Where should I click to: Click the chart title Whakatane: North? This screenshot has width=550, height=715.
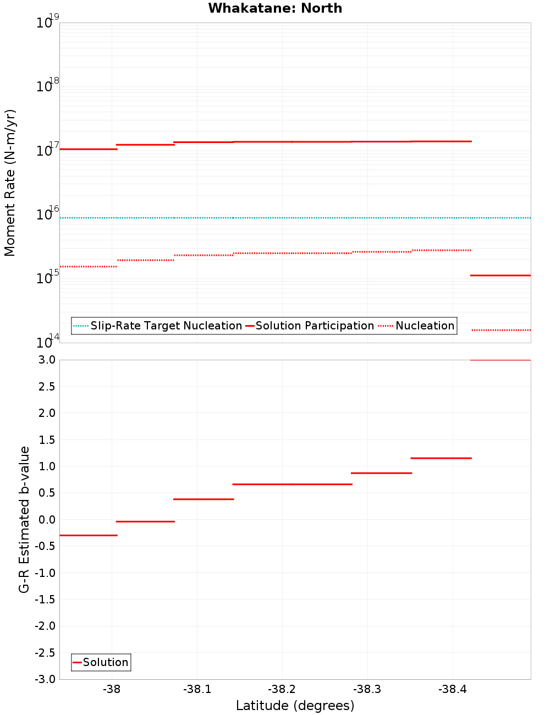[275, 8]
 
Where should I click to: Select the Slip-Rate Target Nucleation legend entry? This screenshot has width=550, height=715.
[166, 326]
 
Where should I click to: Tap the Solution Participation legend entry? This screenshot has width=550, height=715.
[315, 326]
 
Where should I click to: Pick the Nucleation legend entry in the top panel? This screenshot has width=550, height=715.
[425, 326]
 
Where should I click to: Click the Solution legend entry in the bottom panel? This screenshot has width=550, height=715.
[105, 662]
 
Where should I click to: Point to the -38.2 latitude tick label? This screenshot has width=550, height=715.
[282, 689]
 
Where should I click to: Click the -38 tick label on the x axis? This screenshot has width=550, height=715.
[112, 689]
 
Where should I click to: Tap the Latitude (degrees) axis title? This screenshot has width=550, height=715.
[295, 706]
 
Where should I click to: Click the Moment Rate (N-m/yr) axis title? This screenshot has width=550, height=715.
[10, 183]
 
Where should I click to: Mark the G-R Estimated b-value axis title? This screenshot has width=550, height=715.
[24, 519]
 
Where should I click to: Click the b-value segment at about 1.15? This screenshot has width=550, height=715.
[441, 458]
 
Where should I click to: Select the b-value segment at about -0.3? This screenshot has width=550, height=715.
[88, 535]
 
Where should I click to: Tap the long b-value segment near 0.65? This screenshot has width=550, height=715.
[292, 484]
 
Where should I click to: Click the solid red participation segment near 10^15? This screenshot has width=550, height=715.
[501, 275]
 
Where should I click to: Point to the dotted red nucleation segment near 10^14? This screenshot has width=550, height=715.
[501, 330]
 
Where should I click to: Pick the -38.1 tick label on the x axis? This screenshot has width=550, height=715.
[197, 689]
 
